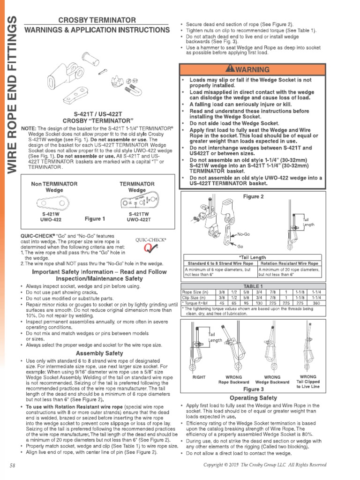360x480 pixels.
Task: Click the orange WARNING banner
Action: pyautogui.click(x=250, y=69)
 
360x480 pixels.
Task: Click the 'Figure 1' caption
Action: pyautogui.click(x=95, y=218)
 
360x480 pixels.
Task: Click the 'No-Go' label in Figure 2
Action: pyautogui.click(x=243, y=233)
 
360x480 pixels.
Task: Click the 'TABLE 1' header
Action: pyautogui.click(x=252, y=285)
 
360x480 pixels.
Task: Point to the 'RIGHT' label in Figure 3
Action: pyautogui.click(x=199, y=377)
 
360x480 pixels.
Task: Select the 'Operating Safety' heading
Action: pyautogui.click(x=253, y=398)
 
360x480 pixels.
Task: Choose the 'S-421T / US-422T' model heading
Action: pyautogui.click(x=98, y=114)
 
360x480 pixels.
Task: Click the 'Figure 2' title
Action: pyautogui.click(x=253, y=196)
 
